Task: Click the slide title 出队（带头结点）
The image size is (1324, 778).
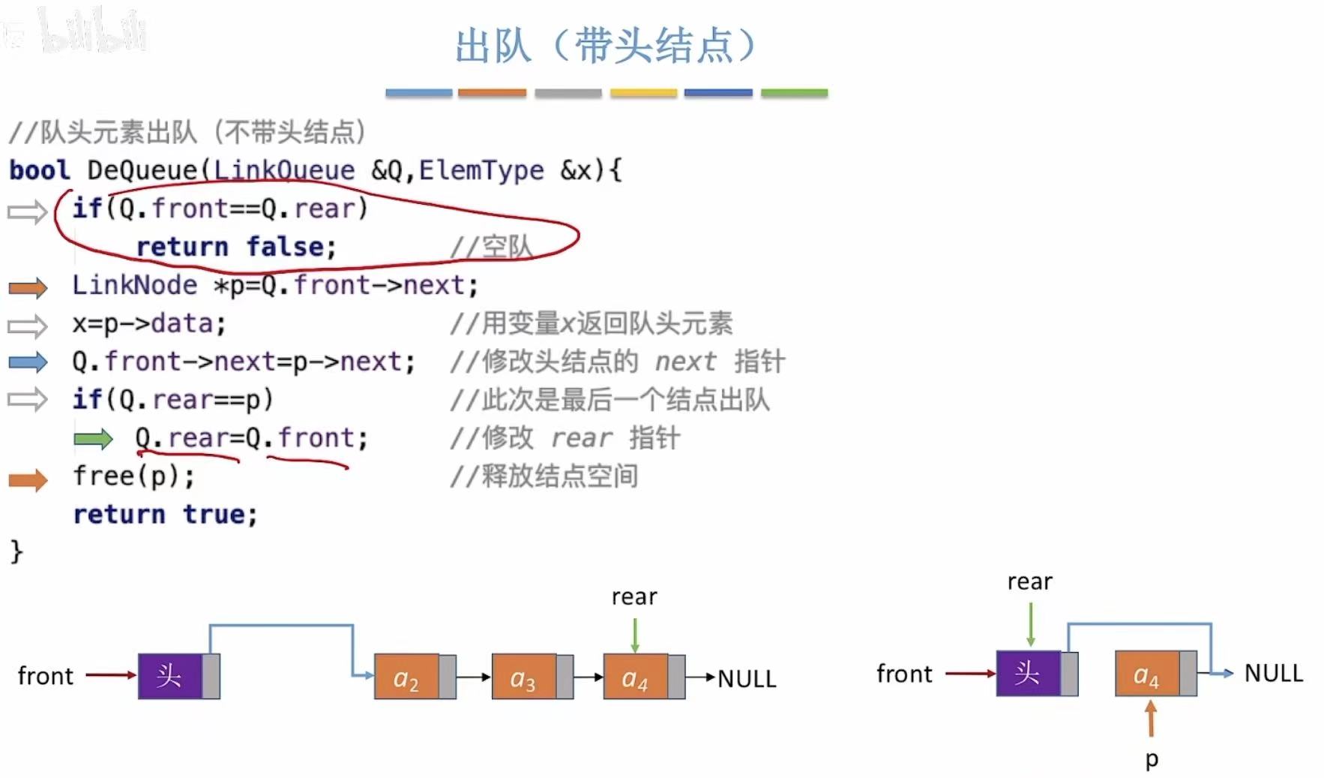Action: (x=606, y=47)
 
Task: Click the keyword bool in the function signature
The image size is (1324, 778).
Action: (x=40, y=170)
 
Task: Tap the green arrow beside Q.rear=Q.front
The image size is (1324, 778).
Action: (x=93, y=439)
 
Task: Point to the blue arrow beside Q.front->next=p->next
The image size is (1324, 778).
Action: (x=28, y=362)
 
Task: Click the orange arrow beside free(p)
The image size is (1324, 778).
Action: (x=28, y=479)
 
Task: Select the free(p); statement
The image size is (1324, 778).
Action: (x=133, y=476)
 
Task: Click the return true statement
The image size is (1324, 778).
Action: (x=165, y=515)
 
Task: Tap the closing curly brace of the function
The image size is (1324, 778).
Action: (x=16, y=552)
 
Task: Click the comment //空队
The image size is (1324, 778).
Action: (x=491, y=247)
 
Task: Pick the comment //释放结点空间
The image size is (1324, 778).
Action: (x=544, y=476)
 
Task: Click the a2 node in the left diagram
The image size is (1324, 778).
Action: (x=406, y=677)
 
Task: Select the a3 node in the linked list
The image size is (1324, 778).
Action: (x=523, y=677)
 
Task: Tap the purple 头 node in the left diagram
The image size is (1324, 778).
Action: (x=170, y=677)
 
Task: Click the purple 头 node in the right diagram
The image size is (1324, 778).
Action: (x=1028, y=674)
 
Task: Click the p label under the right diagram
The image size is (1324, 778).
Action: (x=1152, y=759)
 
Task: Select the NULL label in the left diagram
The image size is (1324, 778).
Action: (x=747, y=679)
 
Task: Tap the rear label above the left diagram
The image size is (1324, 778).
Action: (x=634, y=597)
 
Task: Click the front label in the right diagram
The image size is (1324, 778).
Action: (x=904, y=674)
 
